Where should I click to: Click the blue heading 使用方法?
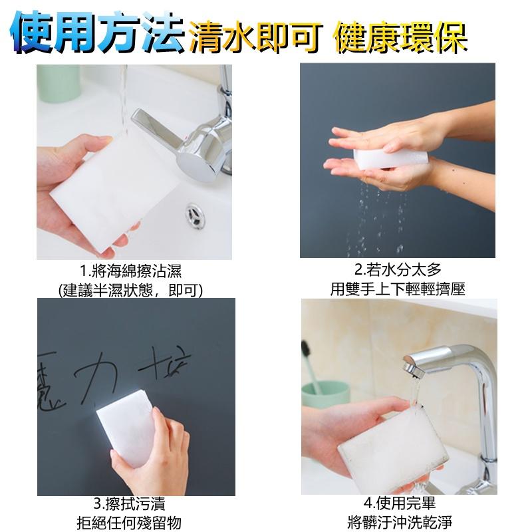tap(98, 33)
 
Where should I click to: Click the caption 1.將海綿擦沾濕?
tap(130, 271)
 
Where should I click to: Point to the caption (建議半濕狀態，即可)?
tap(130, 291)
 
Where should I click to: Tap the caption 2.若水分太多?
tap(398, 270)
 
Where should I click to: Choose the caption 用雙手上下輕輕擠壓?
tap(398, 289)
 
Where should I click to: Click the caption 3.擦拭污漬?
tap(129, 504)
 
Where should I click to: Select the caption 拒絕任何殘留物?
tap(129, 523)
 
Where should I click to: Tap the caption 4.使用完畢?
tap(400, 503)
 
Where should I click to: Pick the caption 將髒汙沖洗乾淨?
tap(400, 523)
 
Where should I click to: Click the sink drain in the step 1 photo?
tap(196, 215)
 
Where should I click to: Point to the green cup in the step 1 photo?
tap(59, 84)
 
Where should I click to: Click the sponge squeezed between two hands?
tap(390, 158)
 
